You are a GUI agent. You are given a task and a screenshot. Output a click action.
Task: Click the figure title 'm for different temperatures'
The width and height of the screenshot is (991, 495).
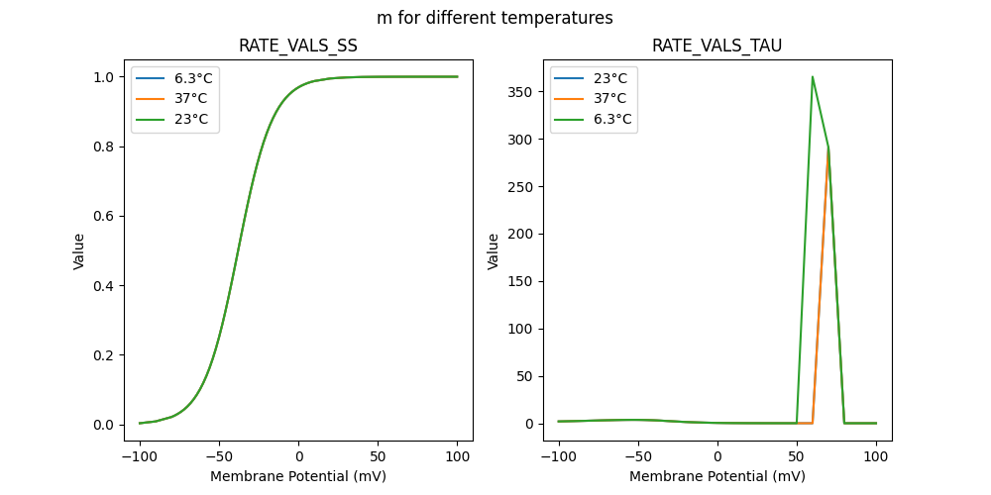click(x=495, y=18)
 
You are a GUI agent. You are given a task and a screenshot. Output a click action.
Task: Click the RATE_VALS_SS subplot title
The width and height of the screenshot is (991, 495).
click(x=298, y=47)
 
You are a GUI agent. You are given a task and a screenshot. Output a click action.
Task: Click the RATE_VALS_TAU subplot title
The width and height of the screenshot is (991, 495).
click(x=717, y=47)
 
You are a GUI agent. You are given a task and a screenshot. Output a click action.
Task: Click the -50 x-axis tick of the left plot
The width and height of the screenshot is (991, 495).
click(x=219, y=457)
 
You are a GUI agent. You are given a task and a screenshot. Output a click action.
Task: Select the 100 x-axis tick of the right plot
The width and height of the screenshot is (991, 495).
click(x=876, y=457)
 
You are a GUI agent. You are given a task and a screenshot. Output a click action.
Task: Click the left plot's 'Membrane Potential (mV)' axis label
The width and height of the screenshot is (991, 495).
click(x=298, y=476)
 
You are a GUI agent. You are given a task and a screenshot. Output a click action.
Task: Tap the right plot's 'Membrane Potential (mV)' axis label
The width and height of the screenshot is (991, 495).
click(x=717, y=476)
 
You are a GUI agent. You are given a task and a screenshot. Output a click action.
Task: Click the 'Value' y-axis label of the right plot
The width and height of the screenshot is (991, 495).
click(x=493, y=251)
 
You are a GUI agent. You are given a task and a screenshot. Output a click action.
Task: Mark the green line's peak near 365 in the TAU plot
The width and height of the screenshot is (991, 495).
click(x=813, y=77)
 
